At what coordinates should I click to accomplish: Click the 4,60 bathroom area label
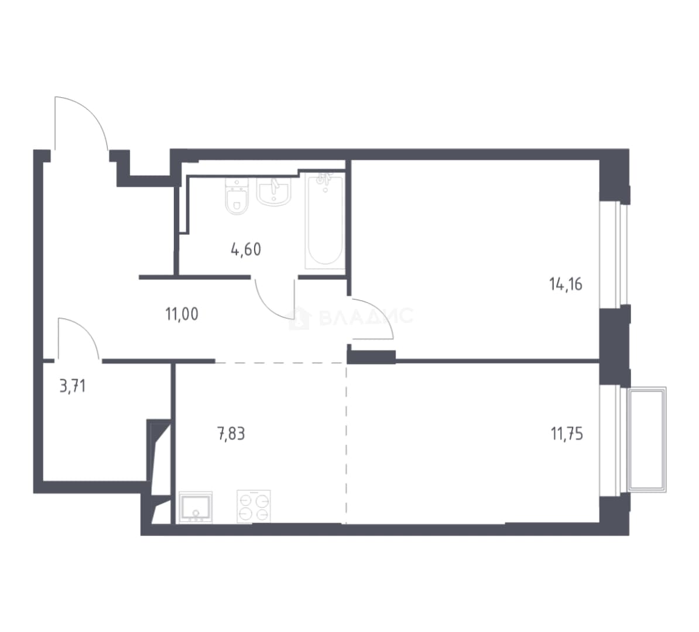tap(246, 250)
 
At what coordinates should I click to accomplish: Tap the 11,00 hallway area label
tap(182, 314)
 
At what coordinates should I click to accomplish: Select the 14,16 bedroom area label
tap(566, 284)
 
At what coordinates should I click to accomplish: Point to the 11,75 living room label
tap(567, 433)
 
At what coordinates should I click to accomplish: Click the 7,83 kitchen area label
tap(231, 433)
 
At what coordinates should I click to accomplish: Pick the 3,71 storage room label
tap(73, 386)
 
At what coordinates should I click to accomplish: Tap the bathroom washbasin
tap(274, 192)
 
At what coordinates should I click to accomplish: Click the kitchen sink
tap(196, 507)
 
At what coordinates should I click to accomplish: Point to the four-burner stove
tap(253, 506)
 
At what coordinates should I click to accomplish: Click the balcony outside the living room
tap(646, 439)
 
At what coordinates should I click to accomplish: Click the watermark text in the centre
tap(366, 317)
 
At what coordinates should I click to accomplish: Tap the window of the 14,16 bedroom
tap(614, 255)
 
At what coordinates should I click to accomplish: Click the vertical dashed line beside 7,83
tap(346, 443)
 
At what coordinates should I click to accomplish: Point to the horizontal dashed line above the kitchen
tap(281, 363)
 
